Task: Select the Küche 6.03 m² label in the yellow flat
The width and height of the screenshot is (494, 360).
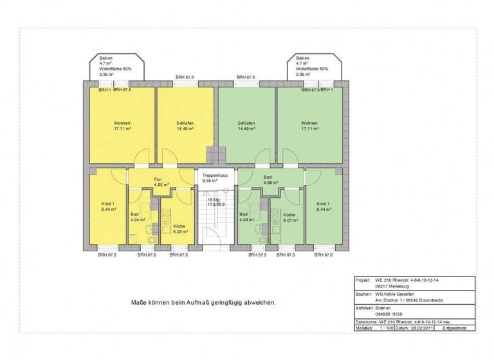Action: click(x=179, y=230)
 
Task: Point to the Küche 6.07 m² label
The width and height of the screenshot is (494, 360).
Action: click(x=289, y=217)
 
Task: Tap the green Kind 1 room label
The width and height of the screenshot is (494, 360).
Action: click(x=324, y=206)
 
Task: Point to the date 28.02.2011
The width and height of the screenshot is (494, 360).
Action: click(x=418, y=328)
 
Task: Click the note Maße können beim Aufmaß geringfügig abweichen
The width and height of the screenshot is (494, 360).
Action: click(x=203, y=301)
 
